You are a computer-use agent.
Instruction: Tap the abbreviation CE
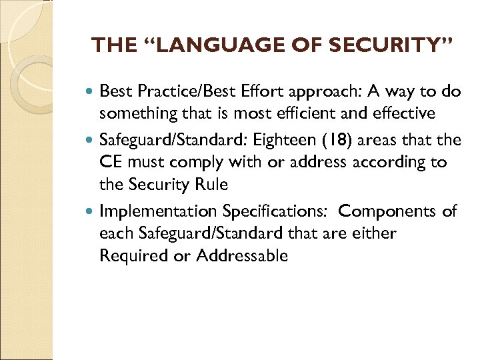tap(111, 163)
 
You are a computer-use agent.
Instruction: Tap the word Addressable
tap(241, 256)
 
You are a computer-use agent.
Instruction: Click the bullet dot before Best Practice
tap(91, 91)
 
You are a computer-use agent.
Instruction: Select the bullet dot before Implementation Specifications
tap(91, 211)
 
